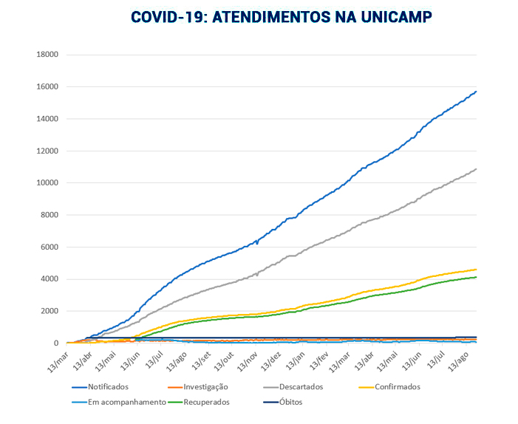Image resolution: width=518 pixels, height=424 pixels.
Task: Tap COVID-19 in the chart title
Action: pyautogui.click(x=168, y=17)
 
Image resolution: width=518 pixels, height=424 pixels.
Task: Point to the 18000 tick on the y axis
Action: pyautogui.click(x=48, y=55)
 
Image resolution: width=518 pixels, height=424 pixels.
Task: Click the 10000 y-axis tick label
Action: pyautogui.click(x=48, y=183)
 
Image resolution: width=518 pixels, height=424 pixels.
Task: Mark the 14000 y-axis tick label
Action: pyautogui.click(x=48, y=119)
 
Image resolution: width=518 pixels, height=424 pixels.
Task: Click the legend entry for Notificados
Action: pyautogui.click(x=108, y=387)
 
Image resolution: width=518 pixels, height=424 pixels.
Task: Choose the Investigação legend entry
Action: pyautogui.click(x=205, y=387)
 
